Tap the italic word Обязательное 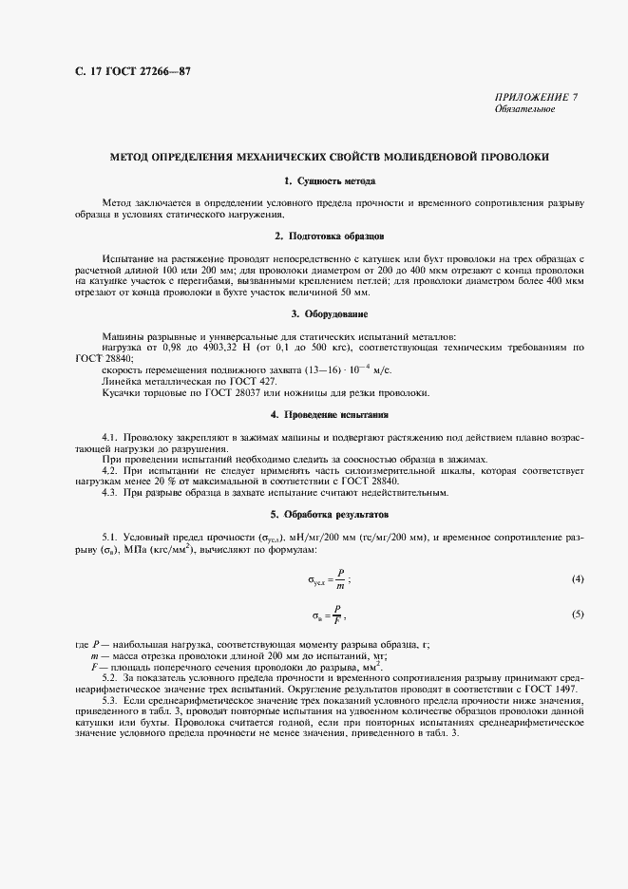click(x=524, y=109)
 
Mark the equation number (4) click(x=578, y=578)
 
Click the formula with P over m click(x=329, y=578)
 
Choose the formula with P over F click(x=329, y=615)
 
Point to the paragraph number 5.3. click(x=110, y=700)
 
